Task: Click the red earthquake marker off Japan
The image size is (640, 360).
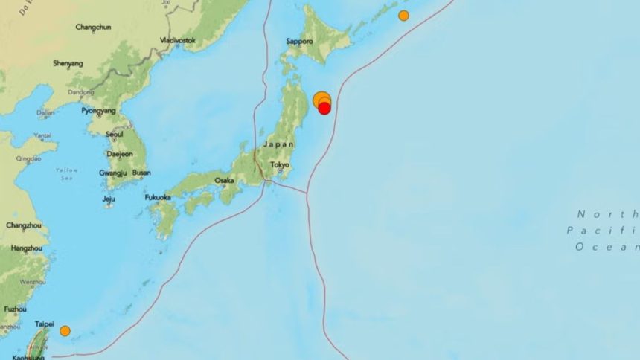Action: point(324,109)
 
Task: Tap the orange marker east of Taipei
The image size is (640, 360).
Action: point(65,331)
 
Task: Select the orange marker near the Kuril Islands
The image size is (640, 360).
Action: point(403,16)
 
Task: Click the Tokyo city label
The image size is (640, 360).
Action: point(280,165)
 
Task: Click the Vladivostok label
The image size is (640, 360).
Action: point(178,39)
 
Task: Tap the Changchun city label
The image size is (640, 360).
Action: point(93,28)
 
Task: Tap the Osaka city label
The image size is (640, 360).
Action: point(224,180)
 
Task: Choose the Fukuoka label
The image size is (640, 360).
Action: point(158,197)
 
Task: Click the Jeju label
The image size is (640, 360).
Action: point(109,199)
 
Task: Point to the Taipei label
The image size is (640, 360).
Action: point(45,324)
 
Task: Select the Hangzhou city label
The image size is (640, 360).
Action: point(27,248)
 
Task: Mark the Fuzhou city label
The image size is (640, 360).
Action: point(16,309)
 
